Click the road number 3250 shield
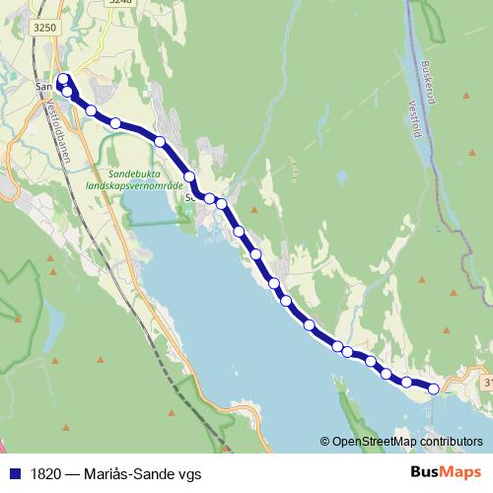click(x=44, y=29)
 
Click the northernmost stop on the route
click(x=64, y=79)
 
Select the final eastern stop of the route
click(x=433, y=388)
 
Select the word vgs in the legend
click(x=189, y=473)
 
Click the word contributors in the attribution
click(x=451, y=443)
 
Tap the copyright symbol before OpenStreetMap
click(x=325, y=443)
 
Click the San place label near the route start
click(x=43, y=87)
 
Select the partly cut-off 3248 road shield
click(x=119, y=3)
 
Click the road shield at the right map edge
click(x=488, y=382)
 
